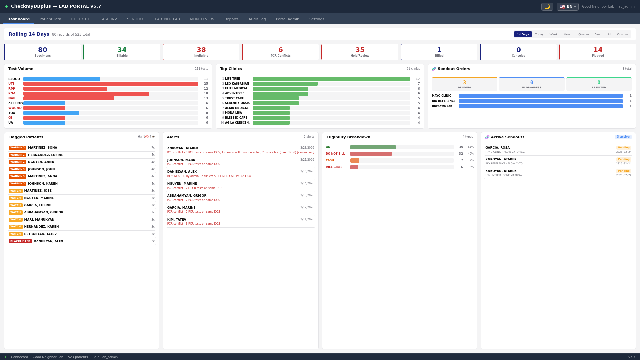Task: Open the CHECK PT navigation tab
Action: (x=80, y=19)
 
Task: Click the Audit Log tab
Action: (x=257, y=19)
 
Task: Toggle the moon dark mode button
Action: (x=547, y=7)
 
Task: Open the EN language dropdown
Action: (x=567, y=7)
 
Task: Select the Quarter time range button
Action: (x=583, y=34)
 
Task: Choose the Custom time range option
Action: (x=622, y=34)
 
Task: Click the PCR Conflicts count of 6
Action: (x=280, y=50)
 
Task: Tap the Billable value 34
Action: (x=122, y=50)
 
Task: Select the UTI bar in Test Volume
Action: (x=111, y=84)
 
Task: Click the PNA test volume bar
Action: (x=86, y=94)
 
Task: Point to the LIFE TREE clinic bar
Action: (x=331, y=79)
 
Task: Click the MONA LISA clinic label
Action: (x=233, y=113)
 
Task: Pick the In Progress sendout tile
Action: (x=531, y=84)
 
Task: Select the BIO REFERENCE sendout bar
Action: (x=540, y=101)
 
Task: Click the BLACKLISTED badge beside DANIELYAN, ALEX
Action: (x=20, y=241)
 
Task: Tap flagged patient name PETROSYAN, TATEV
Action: (x=40, y=234)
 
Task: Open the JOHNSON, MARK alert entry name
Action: (x=181, y=160)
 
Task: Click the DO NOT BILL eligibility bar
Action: (x=371, y=154)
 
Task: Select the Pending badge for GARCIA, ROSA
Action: (x=623, y=148)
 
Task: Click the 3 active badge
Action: (x=623, y=137)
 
